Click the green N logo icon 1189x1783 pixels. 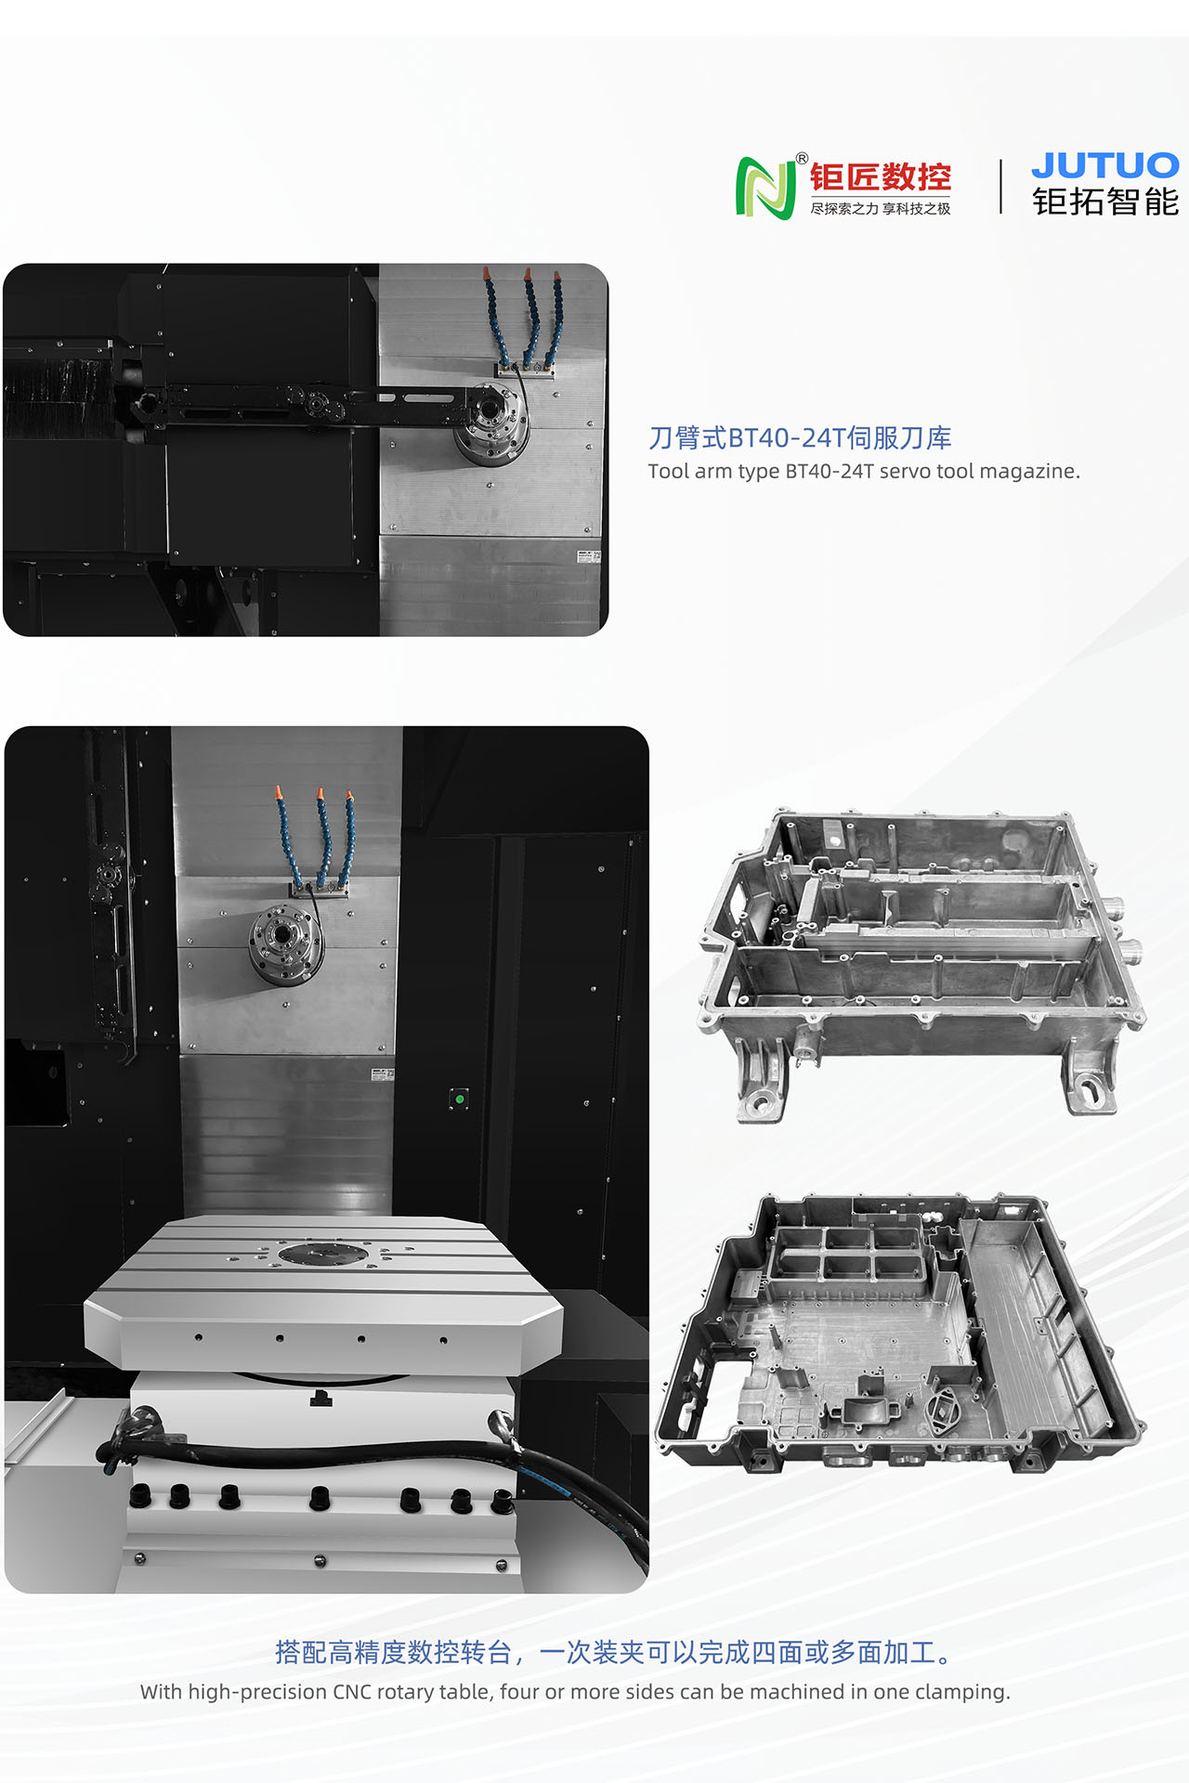click(x=765, y=189)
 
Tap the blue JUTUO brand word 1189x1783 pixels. click(x=1105, y=165)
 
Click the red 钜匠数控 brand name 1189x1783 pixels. click(x=880, y=176)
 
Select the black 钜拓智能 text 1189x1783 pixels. click(x=1105, y=202)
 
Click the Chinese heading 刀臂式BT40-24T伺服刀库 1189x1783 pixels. click(x=800, y=437)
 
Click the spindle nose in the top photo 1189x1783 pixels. click(x=491, y=425)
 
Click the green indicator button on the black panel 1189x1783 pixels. click(x=459, y=1099)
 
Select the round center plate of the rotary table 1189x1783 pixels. click(x=322, y=1255)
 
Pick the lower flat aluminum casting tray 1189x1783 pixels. click(x=900, y=1334)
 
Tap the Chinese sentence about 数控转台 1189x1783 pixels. click(x=614, y=1652)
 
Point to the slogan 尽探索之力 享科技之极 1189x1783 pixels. click(x=880, y=209)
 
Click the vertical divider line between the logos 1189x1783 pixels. click(x=1000, y=187)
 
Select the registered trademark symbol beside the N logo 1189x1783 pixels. click(x=803, y=158)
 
